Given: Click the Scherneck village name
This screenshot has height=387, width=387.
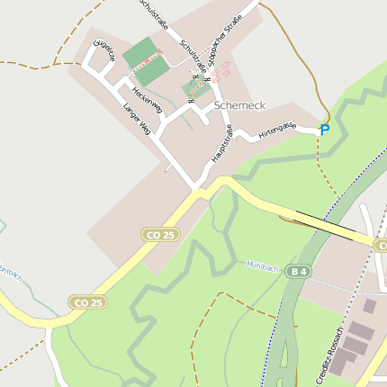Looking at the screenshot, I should (239, 105).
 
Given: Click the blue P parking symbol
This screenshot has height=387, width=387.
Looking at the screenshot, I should (325, 130).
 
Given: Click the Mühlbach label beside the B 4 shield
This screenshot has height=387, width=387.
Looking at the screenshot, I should (263, 265).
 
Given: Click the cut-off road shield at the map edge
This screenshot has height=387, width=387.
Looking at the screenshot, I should (381, 246).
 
